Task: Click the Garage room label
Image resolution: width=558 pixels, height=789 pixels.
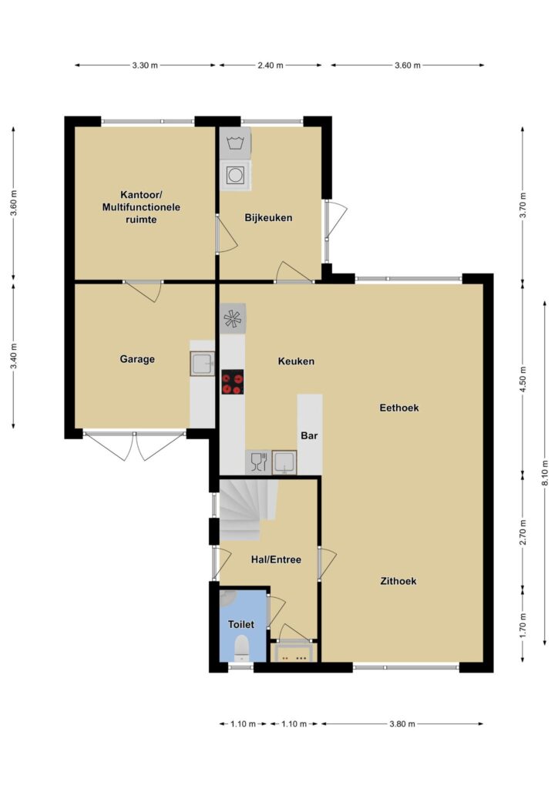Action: click(x=137, y=359)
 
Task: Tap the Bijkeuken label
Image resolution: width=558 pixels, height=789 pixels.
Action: click(x=268, y=218)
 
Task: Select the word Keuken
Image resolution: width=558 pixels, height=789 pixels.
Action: click(x=296, y=361)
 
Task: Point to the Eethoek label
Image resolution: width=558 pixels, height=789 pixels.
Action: click(x=399, y=408)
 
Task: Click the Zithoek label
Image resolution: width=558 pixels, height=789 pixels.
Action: click(x=398, y=581)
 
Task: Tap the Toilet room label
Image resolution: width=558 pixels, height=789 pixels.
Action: click(x=241, y=624)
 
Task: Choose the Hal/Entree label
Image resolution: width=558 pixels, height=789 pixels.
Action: click(x=276, y=559)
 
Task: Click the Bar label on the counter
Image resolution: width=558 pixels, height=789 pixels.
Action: click(x=309, y=436)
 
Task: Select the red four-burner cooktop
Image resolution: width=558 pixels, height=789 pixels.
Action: click(x=233, y=382)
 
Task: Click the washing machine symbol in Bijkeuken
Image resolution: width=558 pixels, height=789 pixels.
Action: click(x=235, y=143)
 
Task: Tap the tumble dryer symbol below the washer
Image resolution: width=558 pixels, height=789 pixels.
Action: click(x=235, y=175)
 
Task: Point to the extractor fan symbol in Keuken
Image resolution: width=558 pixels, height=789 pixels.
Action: click(x=233, y=318)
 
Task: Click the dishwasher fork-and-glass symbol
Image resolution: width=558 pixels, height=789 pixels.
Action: click(x=259, y=462)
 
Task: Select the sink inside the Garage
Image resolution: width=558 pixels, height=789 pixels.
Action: click(x=202, y=364)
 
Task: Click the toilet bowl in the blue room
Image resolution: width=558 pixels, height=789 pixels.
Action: click(x=242, y=649)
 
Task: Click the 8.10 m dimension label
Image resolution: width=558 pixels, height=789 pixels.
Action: click(x=545, y=474)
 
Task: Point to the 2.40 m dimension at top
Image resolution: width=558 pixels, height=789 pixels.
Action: click(x=271, y=65)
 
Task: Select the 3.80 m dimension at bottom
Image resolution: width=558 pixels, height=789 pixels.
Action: click(x=402, y=724)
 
